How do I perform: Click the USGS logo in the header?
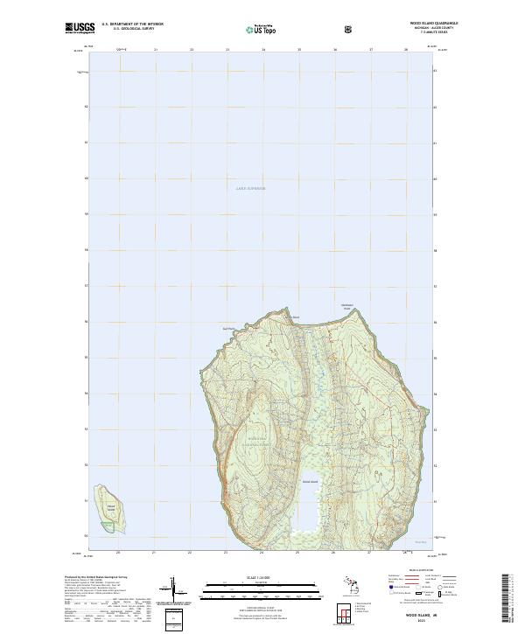(80, 29)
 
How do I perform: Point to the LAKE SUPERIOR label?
(250, 188)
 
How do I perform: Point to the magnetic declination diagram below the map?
(174, 589)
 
